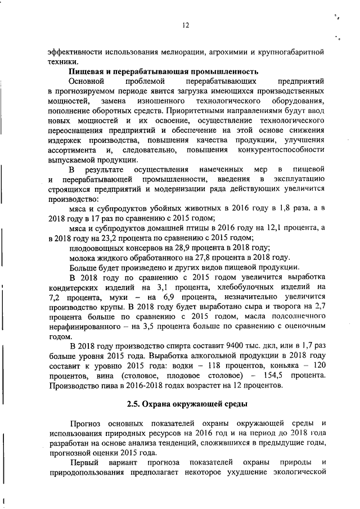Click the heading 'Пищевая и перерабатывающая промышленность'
point(164,71)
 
